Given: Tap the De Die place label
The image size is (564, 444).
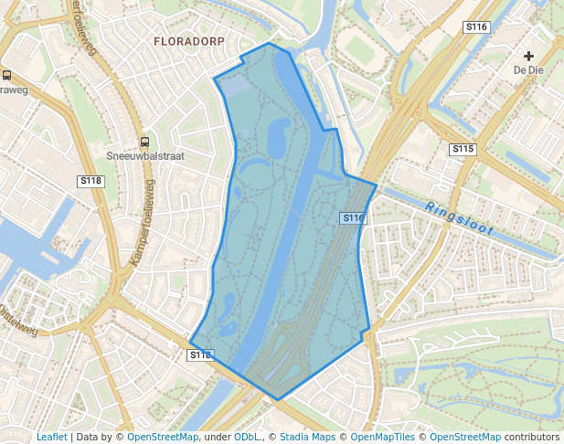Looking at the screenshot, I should (528, 69).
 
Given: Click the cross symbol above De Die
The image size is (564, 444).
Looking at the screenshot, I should (528, 56).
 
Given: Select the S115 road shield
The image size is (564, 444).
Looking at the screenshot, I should (463, 149).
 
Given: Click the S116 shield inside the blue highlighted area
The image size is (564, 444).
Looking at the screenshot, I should (354, 218).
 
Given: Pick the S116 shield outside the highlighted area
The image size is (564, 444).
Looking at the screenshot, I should (476, 27).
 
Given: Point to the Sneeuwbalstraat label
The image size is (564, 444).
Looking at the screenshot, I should (145, 156).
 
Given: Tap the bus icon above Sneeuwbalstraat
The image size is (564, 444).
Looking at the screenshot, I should (144, 142).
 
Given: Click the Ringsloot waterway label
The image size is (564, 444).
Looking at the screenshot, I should (460, 219).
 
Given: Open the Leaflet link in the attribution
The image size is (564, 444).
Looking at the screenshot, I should (51, 437).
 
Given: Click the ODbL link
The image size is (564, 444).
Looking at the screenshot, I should (247, 437).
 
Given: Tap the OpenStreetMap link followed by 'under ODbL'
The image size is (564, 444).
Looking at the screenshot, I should (163, 437).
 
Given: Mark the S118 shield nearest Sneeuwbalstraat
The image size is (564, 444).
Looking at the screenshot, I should (91, 181).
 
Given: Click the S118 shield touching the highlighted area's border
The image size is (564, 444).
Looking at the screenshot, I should (200, 354).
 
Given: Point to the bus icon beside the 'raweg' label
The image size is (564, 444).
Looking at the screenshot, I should (7, 76).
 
